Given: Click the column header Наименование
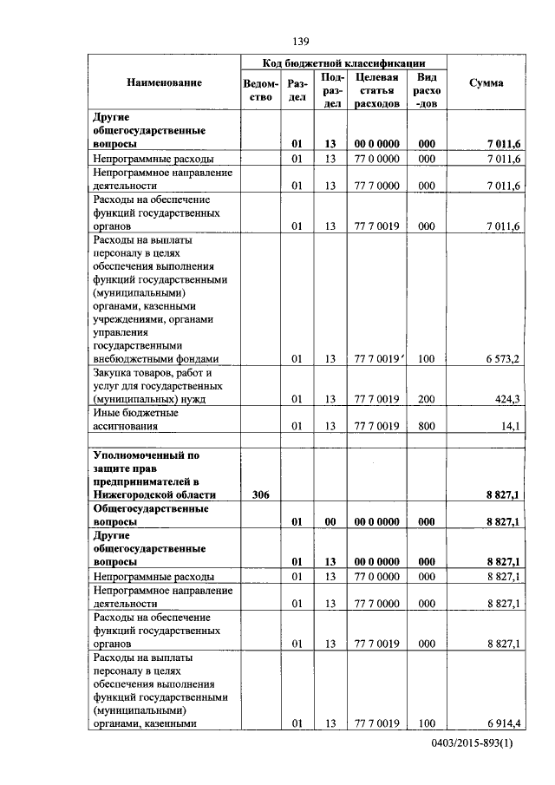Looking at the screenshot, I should click(164, 82).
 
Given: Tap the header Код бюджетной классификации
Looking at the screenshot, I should click(344, 63).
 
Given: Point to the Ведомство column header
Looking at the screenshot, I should click(262, 89).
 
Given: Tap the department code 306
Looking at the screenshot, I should click(261, 494).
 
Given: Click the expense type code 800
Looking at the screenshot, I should click(426, 427).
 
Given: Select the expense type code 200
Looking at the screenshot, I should click(426, 400).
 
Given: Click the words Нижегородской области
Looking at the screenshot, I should click(153, 494).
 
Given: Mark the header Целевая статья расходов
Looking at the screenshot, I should click(376, 89).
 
